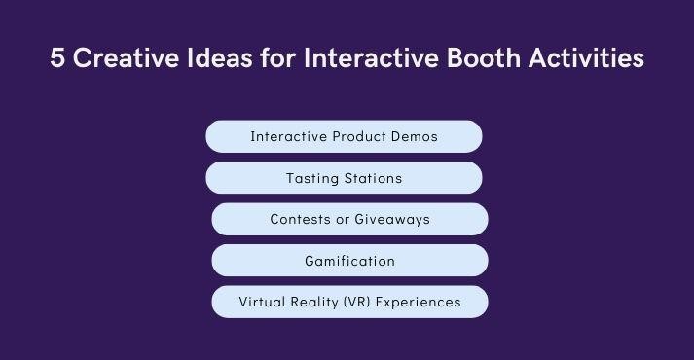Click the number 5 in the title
pos(56,58)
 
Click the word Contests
pos(300,220)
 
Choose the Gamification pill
pos(349,261)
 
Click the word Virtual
pos(263,302)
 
